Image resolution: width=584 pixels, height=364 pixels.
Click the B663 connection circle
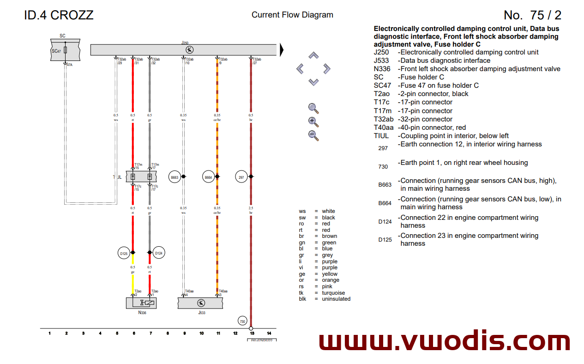tap(175, 177)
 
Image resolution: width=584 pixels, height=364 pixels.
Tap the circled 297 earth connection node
tap(241, 177)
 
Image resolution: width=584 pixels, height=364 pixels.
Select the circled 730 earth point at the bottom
tap(242, 322)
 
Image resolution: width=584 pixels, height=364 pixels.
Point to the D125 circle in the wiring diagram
tap(124, 253)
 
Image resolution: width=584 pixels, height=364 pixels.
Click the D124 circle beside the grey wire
tap(158, 253)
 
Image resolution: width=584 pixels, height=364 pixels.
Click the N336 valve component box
tap(141, 303)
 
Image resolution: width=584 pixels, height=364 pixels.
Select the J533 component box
tap(201, 303)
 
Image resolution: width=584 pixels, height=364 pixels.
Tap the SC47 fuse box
tap(65, 50)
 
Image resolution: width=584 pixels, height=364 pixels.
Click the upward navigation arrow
tap(313, 55)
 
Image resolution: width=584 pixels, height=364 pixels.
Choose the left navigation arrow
tap(300, 69)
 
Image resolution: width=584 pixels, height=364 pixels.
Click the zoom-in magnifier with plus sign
tap(313, 122)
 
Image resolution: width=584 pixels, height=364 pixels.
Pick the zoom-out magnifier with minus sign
tap(313, 136)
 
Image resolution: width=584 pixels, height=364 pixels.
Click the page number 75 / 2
tap(532, 15)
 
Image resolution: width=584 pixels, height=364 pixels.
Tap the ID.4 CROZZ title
tap(59, 15)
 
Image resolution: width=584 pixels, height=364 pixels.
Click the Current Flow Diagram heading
tap(292, 15)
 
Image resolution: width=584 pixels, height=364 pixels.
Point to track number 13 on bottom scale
tap(252, 333)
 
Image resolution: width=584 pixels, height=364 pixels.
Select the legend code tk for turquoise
tap(302, 293)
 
